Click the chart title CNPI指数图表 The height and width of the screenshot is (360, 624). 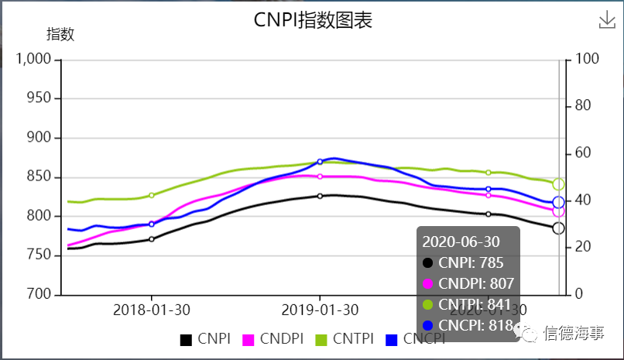(x=313, y=20)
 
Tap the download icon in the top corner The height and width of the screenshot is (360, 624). (x=607, y=21)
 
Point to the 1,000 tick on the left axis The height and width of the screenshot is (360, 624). (x=34, y=60)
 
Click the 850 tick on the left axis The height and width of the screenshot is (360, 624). (x=39, y=177)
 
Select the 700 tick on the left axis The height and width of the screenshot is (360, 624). (x=39, y=295)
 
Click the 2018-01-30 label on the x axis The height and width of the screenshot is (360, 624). (x=152, y=310)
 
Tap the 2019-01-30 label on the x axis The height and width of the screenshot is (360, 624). (x=320, y=310)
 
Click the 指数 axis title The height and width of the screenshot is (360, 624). (x=60, y=34)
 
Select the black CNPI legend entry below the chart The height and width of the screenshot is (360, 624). (x=205, y=339)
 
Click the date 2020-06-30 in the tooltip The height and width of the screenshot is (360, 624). (x=461, y=242)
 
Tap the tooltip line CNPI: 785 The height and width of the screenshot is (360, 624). (x=464, y=262)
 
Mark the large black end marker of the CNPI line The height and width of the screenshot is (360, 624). (x=558, y=228)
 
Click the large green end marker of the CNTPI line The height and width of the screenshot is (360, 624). (x=558, y=184)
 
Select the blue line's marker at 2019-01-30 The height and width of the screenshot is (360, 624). (x=320, y=162)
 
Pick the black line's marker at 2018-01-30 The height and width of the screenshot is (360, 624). (x=152, y=239)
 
